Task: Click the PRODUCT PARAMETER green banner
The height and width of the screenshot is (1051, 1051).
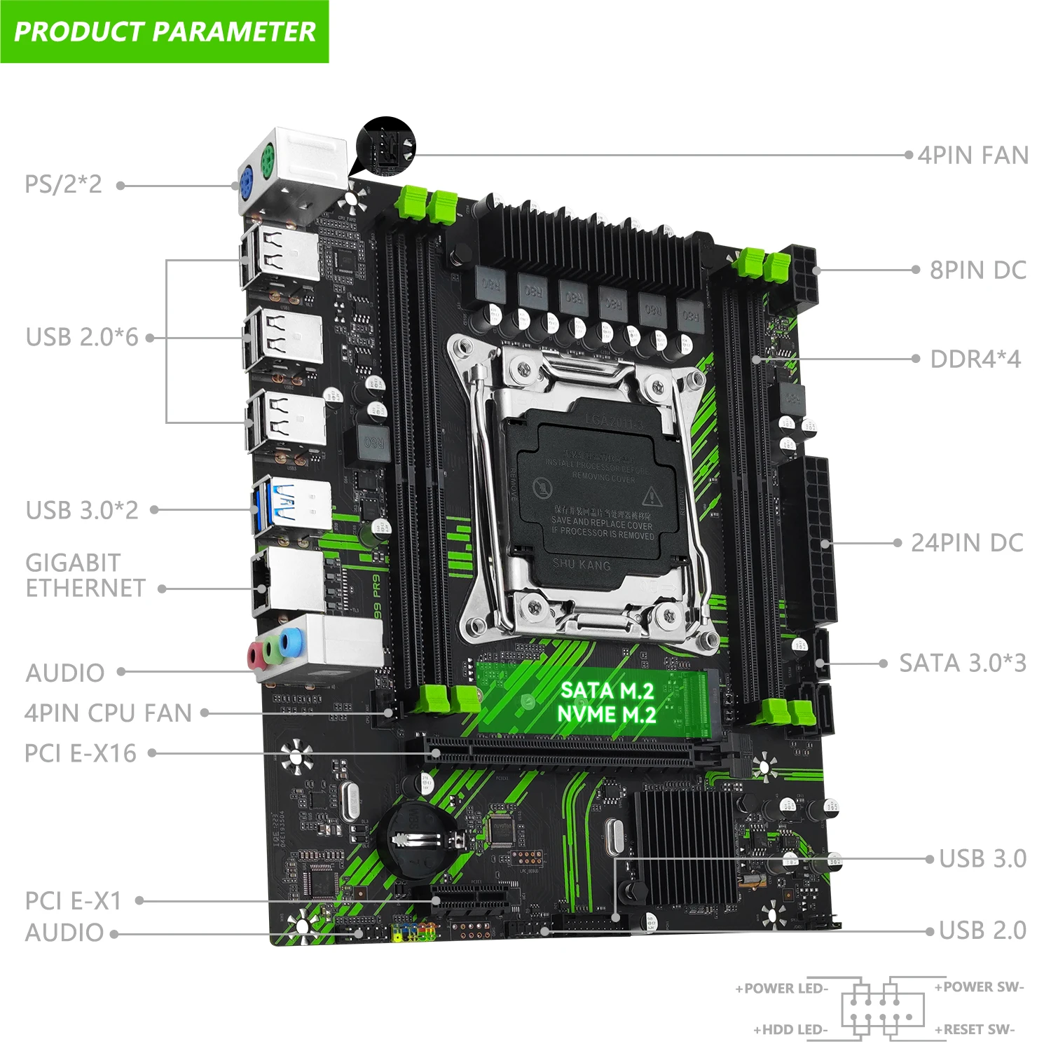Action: [x=165, y=32]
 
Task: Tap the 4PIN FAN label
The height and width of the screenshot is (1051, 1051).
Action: [x=973, y=155]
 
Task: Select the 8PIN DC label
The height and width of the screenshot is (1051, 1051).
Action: [x=977, y=270]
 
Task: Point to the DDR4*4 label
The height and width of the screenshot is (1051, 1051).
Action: [x=975, y=359]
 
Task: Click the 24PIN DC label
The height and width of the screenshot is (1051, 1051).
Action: [x=967, y=543]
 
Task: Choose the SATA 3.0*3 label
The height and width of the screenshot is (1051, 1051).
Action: [x=962, y=663]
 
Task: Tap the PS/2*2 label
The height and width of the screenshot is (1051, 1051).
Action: [x=63, y=184]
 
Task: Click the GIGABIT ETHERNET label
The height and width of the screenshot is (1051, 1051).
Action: [x=85, y=575]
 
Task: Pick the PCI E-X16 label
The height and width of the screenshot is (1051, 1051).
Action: [x=81, y=753]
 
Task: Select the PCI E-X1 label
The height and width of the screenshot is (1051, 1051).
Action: [x=74, y=900]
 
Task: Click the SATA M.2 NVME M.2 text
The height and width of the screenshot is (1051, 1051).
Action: [x=607, y=703]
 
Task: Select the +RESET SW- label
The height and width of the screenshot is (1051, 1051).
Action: [x=974, y=1029]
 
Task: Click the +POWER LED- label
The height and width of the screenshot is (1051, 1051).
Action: [x=781, y=989]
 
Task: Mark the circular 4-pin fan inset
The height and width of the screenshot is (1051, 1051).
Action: [x=386, y=146]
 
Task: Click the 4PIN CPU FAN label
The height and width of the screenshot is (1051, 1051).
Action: [x=109, y=713]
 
